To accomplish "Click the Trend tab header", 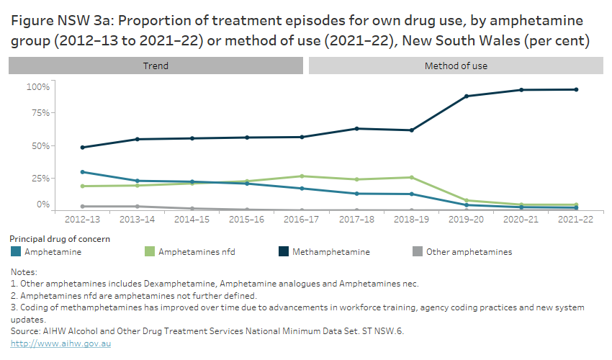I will [x=156, y=66].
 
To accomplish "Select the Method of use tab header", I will [x=455, y=66].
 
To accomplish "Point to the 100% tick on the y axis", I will [x=38, y=87].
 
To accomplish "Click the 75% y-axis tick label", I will [x=40, y=113].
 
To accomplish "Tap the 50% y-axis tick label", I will [x=40, y=146].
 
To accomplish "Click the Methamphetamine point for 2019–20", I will [x=466, y=96].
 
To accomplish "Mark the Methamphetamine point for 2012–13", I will [x=82, y=148].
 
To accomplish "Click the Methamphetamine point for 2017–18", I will [x=356, y=129].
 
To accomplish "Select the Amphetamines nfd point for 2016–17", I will [x=302, y=176].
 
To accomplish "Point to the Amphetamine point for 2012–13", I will [x=82, y=172].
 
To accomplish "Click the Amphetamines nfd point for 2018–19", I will [x=411, y=177].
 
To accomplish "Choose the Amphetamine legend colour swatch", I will [x=16, y=252].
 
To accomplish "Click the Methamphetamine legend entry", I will [x=330, y=252].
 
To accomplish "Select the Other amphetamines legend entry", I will [x=468, y=252].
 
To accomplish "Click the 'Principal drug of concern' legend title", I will [x=60, y=238].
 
